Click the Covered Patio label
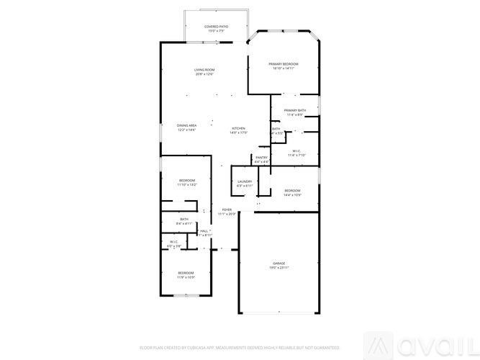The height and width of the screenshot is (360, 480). (x=217, y=27)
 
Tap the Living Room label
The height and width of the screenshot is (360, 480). (x=204, y=70)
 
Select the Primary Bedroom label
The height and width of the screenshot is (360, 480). (x=284, y=64)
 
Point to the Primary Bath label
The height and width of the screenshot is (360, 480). (x=296, y=110)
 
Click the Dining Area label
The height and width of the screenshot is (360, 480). (x=186, y=125)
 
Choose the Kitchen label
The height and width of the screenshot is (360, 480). (x=238, y=128)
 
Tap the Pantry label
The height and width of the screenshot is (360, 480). (x=261, y=158)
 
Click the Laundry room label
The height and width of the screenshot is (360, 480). (x=245, y=181)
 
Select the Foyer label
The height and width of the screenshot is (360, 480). (x=227, y=210)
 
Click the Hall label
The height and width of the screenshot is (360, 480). (x=204, y=231)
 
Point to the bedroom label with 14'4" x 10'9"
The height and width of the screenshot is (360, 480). (x=291, y=190)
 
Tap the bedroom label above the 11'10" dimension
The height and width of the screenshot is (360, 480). (x=187, y=181)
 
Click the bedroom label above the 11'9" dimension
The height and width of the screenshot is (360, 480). (x=186, y=273)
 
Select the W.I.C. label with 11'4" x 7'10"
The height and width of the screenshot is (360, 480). (x=296, y=150)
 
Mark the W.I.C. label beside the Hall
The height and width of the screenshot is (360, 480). (x=174, y=242)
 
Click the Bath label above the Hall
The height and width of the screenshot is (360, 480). (x=184, y=220)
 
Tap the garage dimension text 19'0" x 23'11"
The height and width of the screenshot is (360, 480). (x=279, y=268)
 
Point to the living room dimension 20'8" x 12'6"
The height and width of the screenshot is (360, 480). (x=204, y=74)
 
